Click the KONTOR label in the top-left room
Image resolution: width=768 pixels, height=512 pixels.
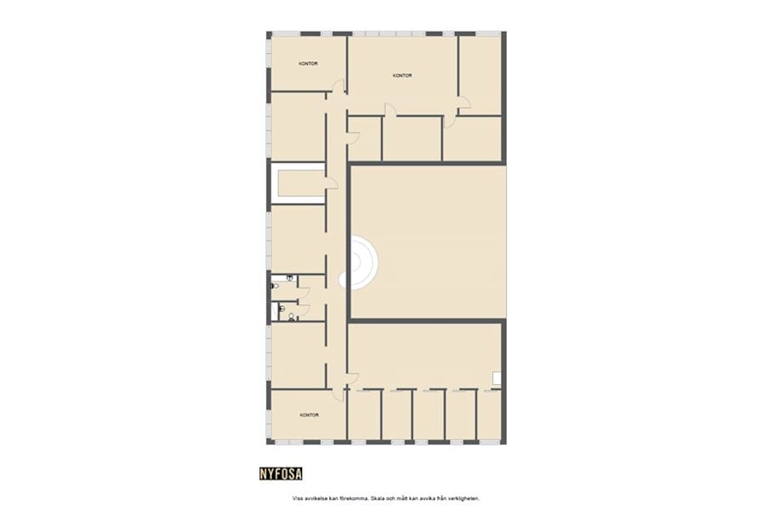(x=308, y=63)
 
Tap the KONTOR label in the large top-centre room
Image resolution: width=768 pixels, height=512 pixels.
(x=403, y=75)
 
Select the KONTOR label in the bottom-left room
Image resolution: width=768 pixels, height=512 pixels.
(x=309, y=415)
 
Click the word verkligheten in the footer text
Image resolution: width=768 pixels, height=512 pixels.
(x=475, y=497)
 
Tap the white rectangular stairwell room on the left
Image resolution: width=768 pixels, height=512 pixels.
(x=297, y=183)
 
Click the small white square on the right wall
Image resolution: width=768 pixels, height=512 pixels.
(x=497, y=377)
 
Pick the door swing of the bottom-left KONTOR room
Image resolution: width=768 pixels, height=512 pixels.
(x=339, y=394)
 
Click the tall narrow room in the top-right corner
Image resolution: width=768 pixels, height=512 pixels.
(x=480, y=75)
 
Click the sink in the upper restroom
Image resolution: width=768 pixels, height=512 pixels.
(x=291, y=278)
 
